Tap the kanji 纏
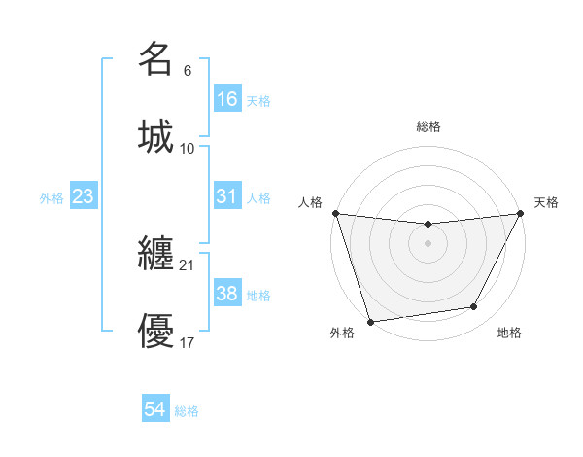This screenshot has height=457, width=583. pos(155,254)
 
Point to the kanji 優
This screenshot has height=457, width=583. pos(155,332)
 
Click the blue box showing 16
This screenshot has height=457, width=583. pos(227,99)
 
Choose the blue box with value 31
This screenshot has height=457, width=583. pos(227,196)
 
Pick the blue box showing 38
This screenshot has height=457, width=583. pos(227,294)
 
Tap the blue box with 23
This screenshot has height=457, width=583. pos(84,196)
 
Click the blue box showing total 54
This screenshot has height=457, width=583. pos(155,410)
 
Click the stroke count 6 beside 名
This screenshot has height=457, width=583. pos(187,71)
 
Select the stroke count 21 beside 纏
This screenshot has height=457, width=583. pos(187,264)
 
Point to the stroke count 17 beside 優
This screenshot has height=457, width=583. pos(187,342)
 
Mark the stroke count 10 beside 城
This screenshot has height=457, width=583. pos(187,148)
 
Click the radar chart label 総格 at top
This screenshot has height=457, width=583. pos(428,126)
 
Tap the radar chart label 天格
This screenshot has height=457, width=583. pos(546,202)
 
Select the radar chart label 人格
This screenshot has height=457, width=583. pos(310,202)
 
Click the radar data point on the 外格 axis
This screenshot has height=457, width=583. pos(370,321)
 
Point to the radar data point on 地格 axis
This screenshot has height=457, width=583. pos(474,307)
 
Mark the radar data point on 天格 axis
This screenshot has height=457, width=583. pos(520,213)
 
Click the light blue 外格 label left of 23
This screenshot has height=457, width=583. pos(51,197)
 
